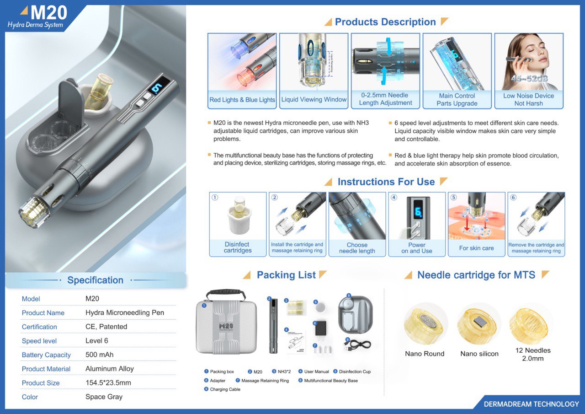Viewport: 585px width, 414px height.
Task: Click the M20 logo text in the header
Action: pyautogui.click(x=49, y=13)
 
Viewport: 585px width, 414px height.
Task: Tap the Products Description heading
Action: pyautogui.click(x=385, y=22)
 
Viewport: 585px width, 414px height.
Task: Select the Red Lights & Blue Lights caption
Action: pyautogui.click(x=242, y=100)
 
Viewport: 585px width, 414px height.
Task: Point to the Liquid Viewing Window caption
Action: pyautogui.click(x=314, y=99)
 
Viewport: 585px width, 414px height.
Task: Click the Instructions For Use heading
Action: pyautogui.click(x=386, y=182)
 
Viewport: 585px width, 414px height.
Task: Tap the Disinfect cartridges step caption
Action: pyautogui.click(x=238, y=247)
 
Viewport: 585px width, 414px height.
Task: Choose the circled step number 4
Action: pyautogui.click(x=394, y=198)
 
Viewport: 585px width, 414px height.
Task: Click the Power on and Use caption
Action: pyautogui.click(x=417, y=248)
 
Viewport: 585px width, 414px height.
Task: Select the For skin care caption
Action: pyautogui.click(x=476, y=248)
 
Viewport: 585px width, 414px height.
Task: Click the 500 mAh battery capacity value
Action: pyautogui.click(x=99, y=355)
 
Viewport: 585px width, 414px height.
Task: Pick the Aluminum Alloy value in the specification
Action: pyautogui.click(x=110, y=369)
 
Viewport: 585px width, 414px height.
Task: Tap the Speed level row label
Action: pyautogui.click(x=39, y=341)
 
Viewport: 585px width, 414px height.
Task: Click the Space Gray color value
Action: pyautogui.click(x=104, y=397)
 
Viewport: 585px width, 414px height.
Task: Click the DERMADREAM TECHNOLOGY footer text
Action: pyautogui.click(x=531, y=404)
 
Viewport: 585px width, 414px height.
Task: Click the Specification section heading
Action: pyautogui.click(x=95, y=280)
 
